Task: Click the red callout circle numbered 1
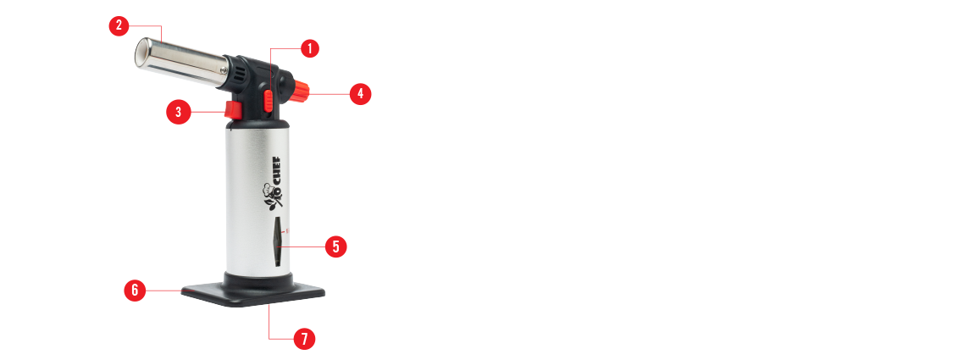coord(310,48)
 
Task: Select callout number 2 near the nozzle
coord(119,25)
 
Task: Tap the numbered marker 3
coord(179,112)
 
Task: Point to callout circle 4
coord(360,93)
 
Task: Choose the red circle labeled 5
coord(336,246)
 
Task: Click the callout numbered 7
coord(304,339)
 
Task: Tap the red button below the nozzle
coord(232,111)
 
